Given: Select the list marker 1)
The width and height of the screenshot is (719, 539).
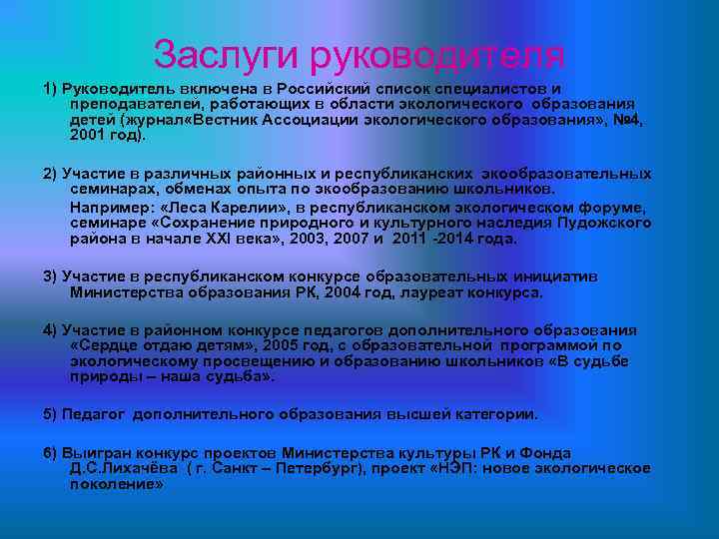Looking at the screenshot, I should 51,88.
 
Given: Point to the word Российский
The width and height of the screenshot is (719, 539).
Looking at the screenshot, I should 319,88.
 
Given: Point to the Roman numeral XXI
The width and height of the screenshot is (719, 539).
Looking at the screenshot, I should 234,238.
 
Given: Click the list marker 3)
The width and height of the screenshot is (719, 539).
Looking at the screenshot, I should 51,276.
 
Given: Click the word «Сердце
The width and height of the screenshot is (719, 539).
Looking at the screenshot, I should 104,345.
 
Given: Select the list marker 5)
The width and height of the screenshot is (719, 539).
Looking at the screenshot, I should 51,413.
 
